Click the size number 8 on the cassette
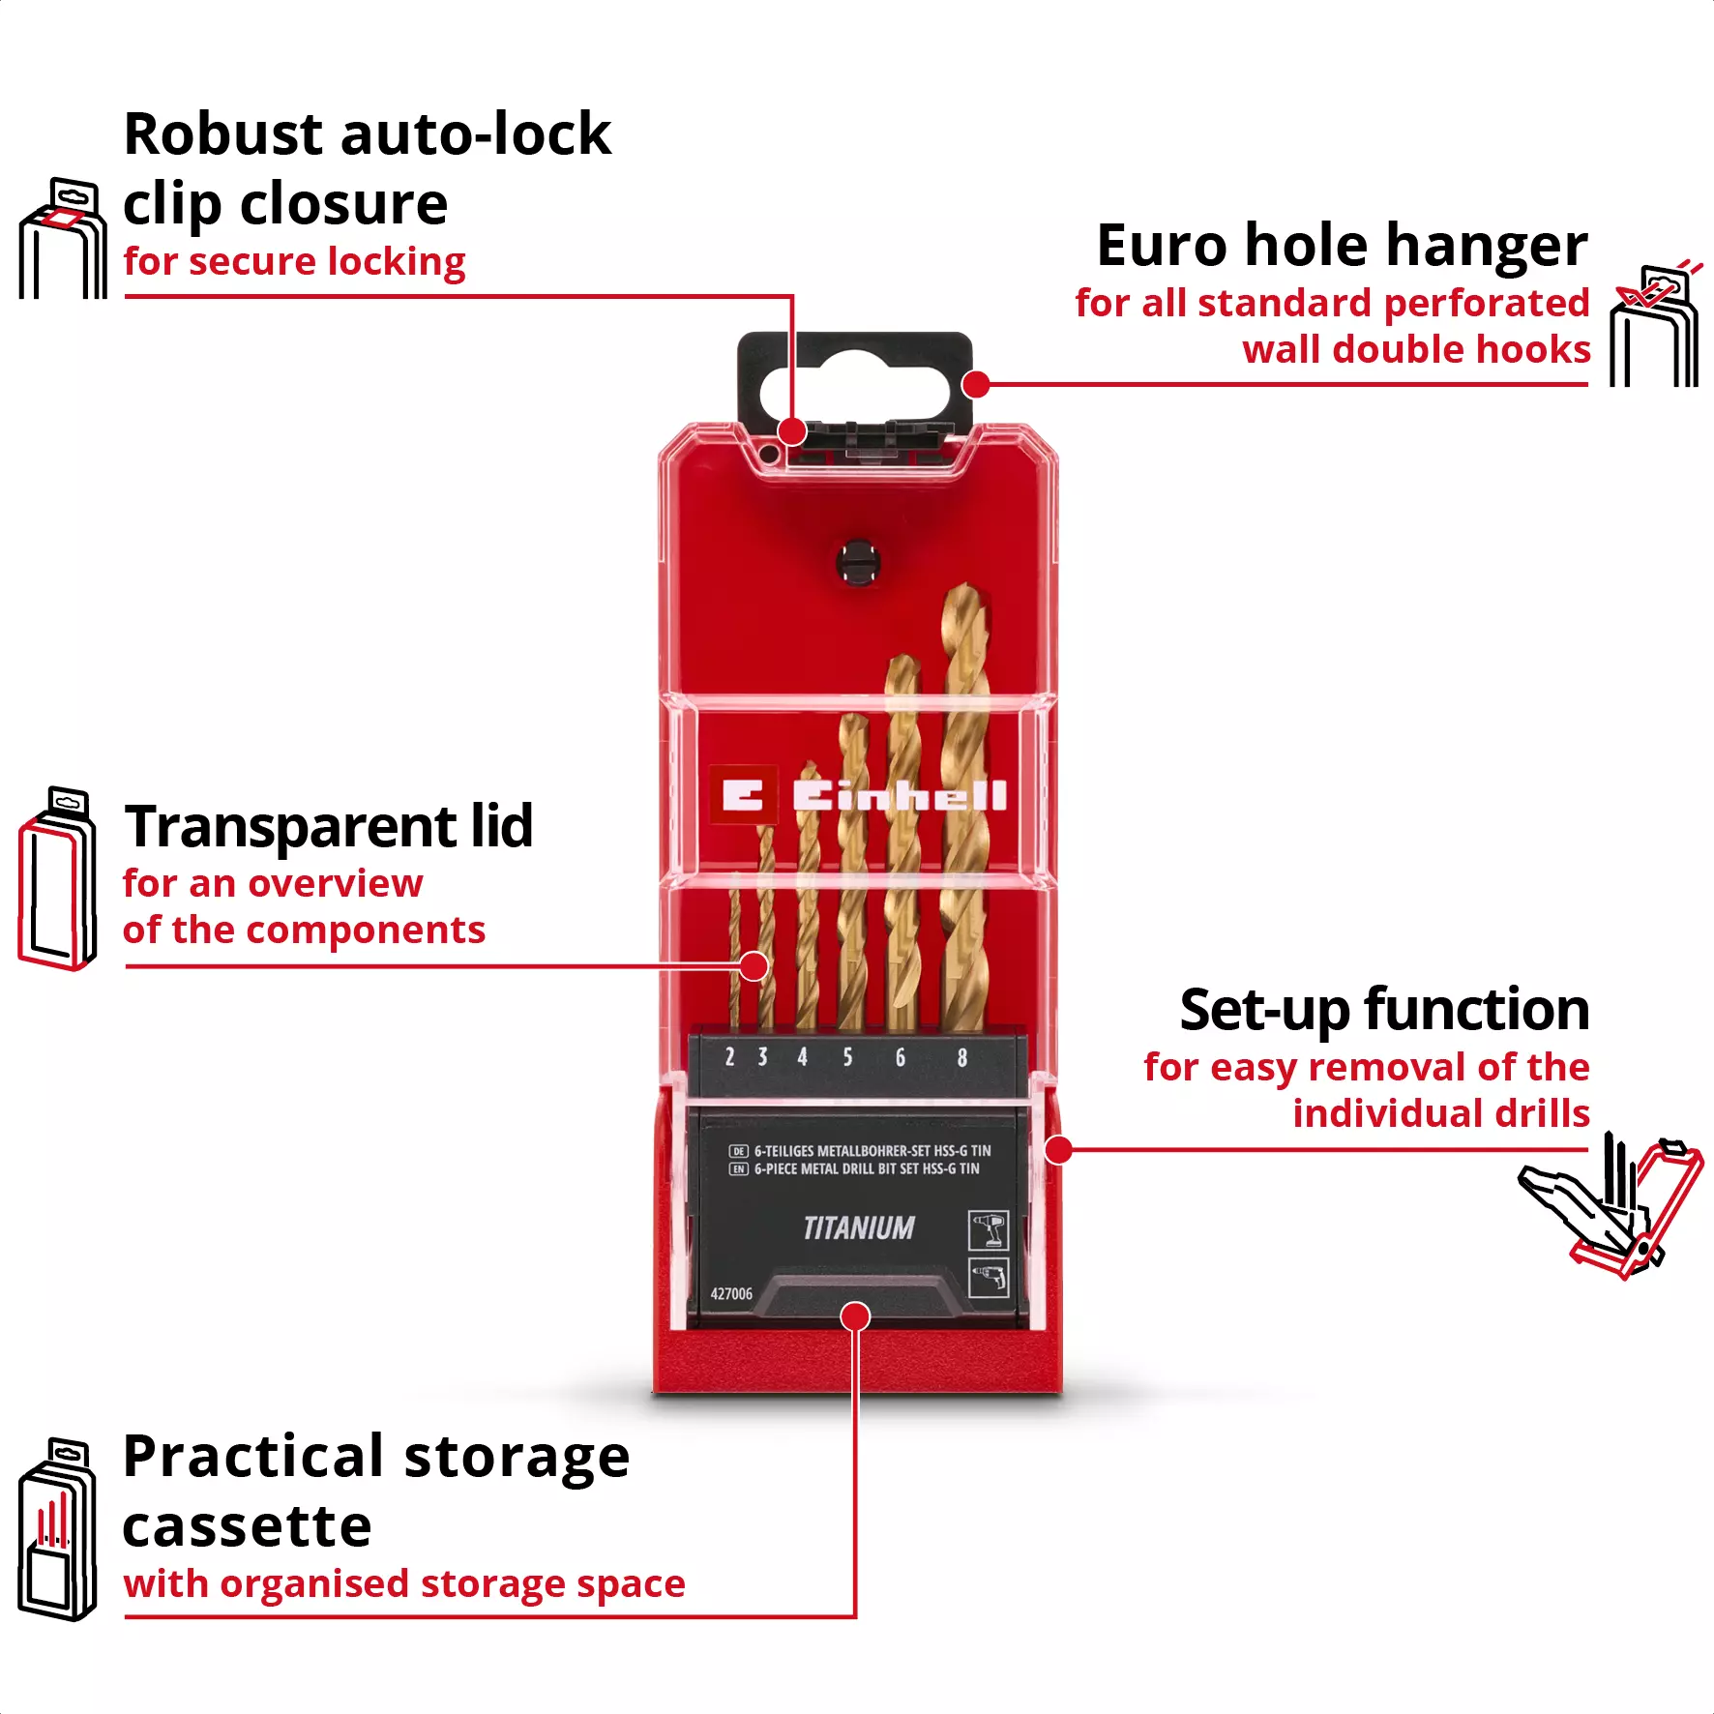pos(961,1057)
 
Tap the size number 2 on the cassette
pos(729,1057)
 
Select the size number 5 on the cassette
pos(847,1057)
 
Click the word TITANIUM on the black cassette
pos(859,1228)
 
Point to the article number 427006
pos(731,1294)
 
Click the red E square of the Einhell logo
pos(743,795)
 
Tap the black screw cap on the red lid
pos(857,562)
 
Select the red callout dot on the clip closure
pos(792,431)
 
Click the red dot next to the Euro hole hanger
pos(977,385)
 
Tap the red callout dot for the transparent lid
pos(754,966)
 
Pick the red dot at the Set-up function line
pos(1059,1150)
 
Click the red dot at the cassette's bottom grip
pos(855,1316)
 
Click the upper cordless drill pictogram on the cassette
pos(988,1230)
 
